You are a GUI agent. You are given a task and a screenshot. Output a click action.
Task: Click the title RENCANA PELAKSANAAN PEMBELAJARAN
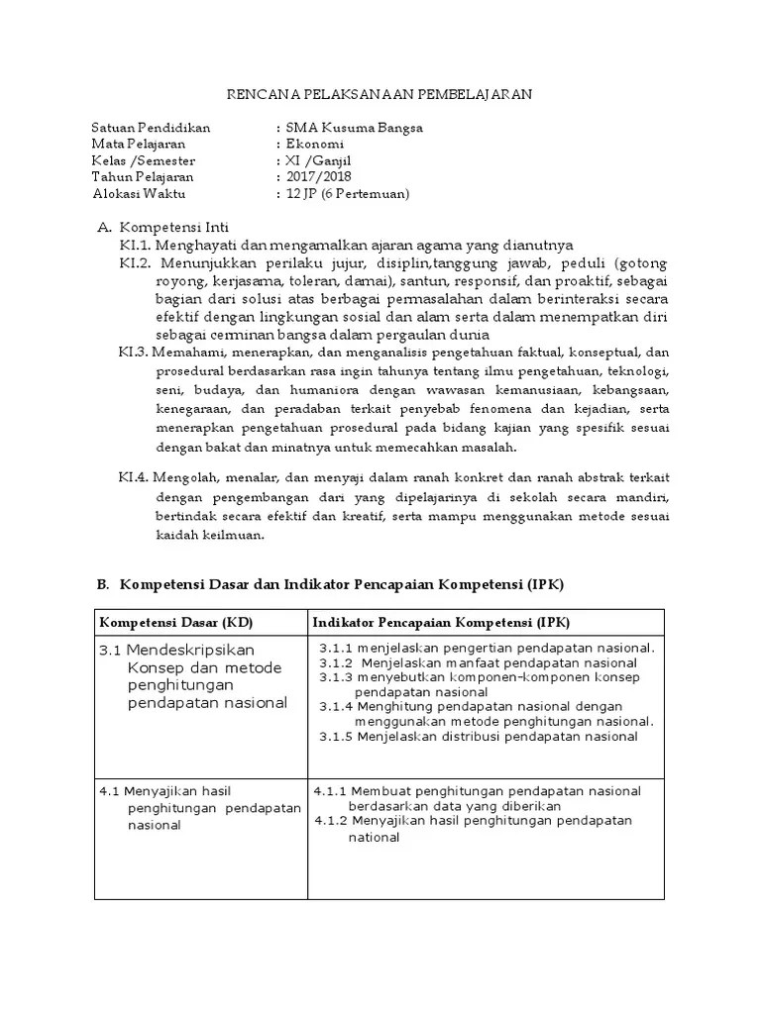(x=380, y=94)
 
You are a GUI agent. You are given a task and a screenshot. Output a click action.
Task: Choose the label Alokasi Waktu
(x=138, y=194)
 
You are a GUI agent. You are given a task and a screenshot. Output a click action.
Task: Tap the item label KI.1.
(x=134, y=245)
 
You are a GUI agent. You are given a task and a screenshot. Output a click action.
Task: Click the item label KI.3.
(x=134, y=352)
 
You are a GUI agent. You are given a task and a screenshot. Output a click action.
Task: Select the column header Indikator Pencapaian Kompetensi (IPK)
(x=435, y=621)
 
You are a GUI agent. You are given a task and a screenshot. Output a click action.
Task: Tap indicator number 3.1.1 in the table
(x=336, y=648)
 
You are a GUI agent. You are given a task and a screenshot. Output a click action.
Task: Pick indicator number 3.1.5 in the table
(x=336, y=736)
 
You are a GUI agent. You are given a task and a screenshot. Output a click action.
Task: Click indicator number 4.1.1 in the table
(x=331, y=790)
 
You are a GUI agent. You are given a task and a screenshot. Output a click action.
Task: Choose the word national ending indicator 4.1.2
(x=373, y=837)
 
